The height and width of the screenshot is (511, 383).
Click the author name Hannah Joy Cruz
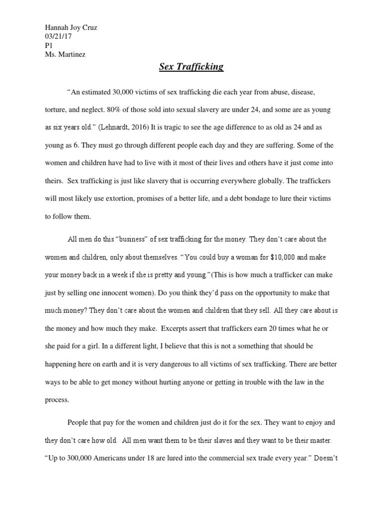(x=70, y=28)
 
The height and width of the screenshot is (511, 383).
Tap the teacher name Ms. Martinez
(x=65, y=54)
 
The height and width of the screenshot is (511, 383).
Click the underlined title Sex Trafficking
(x=191, y=67)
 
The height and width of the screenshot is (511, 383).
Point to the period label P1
(x=48, y=45)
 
